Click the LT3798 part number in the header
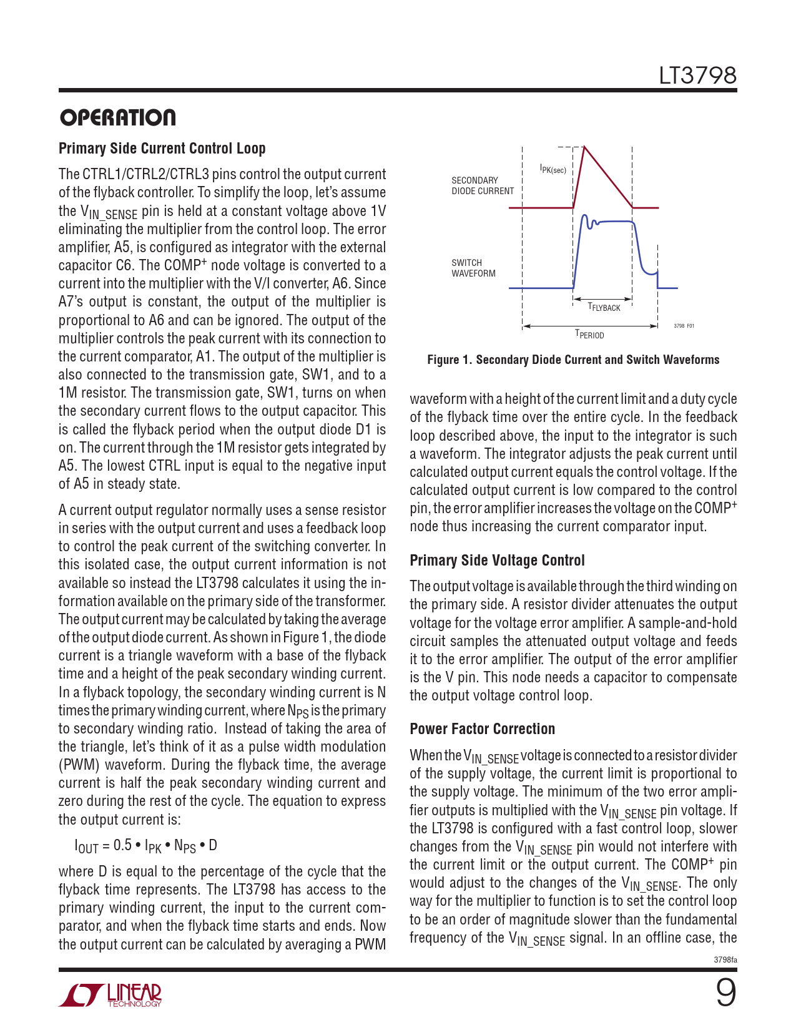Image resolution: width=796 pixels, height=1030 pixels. [697, 76]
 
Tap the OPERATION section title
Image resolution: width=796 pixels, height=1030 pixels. [117, 117]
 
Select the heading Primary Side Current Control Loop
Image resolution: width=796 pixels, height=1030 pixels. [162, 149]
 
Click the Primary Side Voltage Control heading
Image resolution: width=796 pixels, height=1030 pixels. [497, 561]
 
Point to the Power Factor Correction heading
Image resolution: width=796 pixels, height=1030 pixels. [482, 729]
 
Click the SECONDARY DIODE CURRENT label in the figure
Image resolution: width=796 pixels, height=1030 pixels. [482, 185]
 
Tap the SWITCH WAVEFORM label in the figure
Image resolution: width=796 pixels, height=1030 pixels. [473, 268]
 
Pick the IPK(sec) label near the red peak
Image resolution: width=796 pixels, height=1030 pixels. [553, 169]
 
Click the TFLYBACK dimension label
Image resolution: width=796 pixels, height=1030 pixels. [604, 307]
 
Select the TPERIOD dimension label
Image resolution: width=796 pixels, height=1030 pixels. [589, 335]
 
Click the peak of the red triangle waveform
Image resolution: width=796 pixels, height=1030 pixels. [584, 147]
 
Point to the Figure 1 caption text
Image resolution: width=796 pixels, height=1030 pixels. [573, 360]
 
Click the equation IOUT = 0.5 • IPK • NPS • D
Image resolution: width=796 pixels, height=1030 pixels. [145, 846]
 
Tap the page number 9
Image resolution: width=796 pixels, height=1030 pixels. [725, 993]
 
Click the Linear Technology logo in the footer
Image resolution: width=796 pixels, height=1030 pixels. [111, 995]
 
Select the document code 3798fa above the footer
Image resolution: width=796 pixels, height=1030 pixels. [725, 959]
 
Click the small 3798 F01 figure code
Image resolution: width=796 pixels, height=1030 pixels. [684, 326]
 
